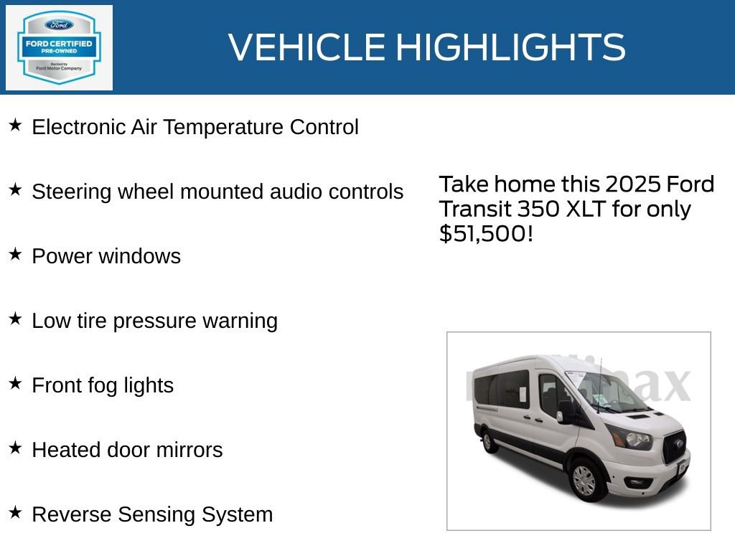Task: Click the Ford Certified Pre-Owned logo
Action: (x=59, y=47)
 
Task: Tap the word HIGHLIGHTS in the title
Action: (x=510, y=47)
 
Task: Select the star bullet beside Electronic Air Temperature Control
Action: (x=15, y=126)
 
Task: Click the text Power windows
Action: (x=106, y=257)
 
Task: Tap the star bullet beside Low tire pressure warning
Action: (x=15, y=319)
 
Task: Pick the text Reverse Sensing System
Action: (x=152, y=515)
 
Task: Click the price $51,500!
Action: (x=486, y=234)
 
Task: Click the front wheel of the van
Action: (x=585, y=479)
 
